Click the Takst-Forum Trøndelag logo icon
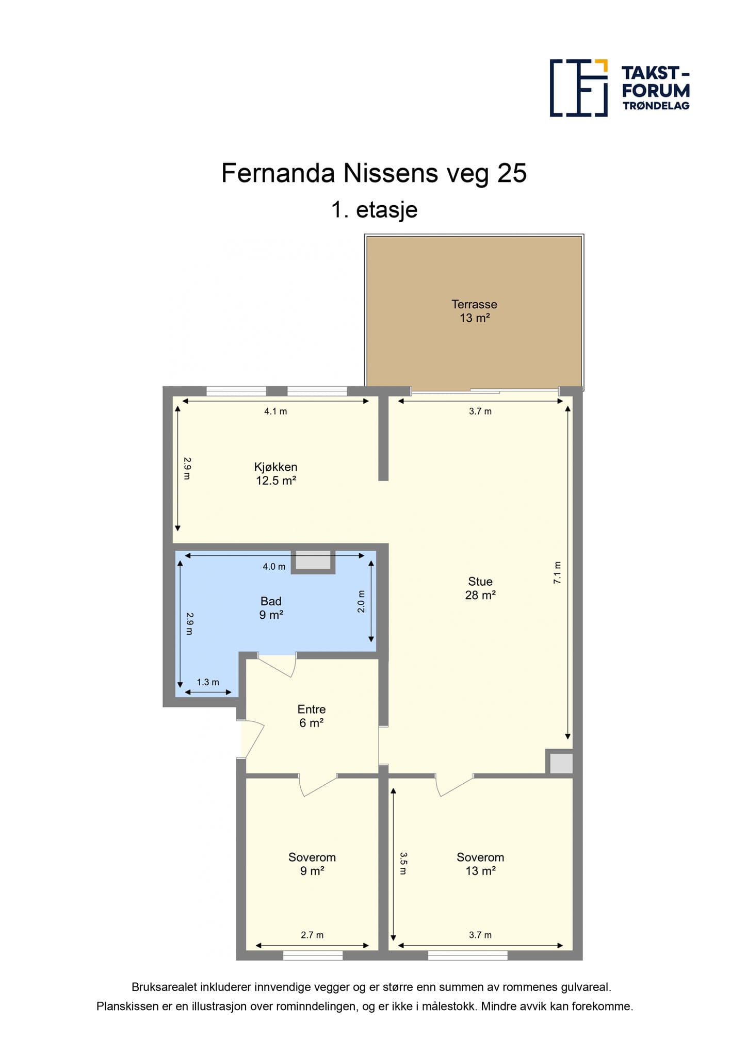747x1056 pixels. pos(579,88)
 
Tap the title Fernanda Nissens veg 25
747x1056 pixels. pos(374,173)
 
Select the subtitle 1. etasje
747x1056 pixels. pos(374,210)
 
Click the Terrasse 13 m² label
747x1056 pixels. pos(475,311)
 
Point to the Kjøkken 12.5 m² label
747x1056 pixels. pos(276,474)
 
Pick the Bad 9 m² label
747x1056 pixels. pos(271,608)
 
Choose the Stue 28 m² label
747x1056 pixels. pos(480,588)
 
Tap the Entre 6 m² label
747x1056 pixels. pos(312,716)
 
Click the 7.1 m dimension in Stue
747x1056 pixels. pos(557,572)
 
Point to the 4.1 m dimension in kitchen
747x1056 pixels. pos(275,411)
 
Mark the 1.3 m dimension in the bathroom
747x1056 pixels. pos(208,682)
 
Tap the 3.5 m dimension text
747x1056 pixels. pos(403,863)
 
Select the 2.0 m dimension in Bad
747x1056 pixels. pos(361,601)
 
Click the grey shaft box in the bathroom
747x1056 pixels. pos(313,562)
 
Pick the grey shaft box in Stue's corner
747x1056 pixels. pos(560,763)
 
